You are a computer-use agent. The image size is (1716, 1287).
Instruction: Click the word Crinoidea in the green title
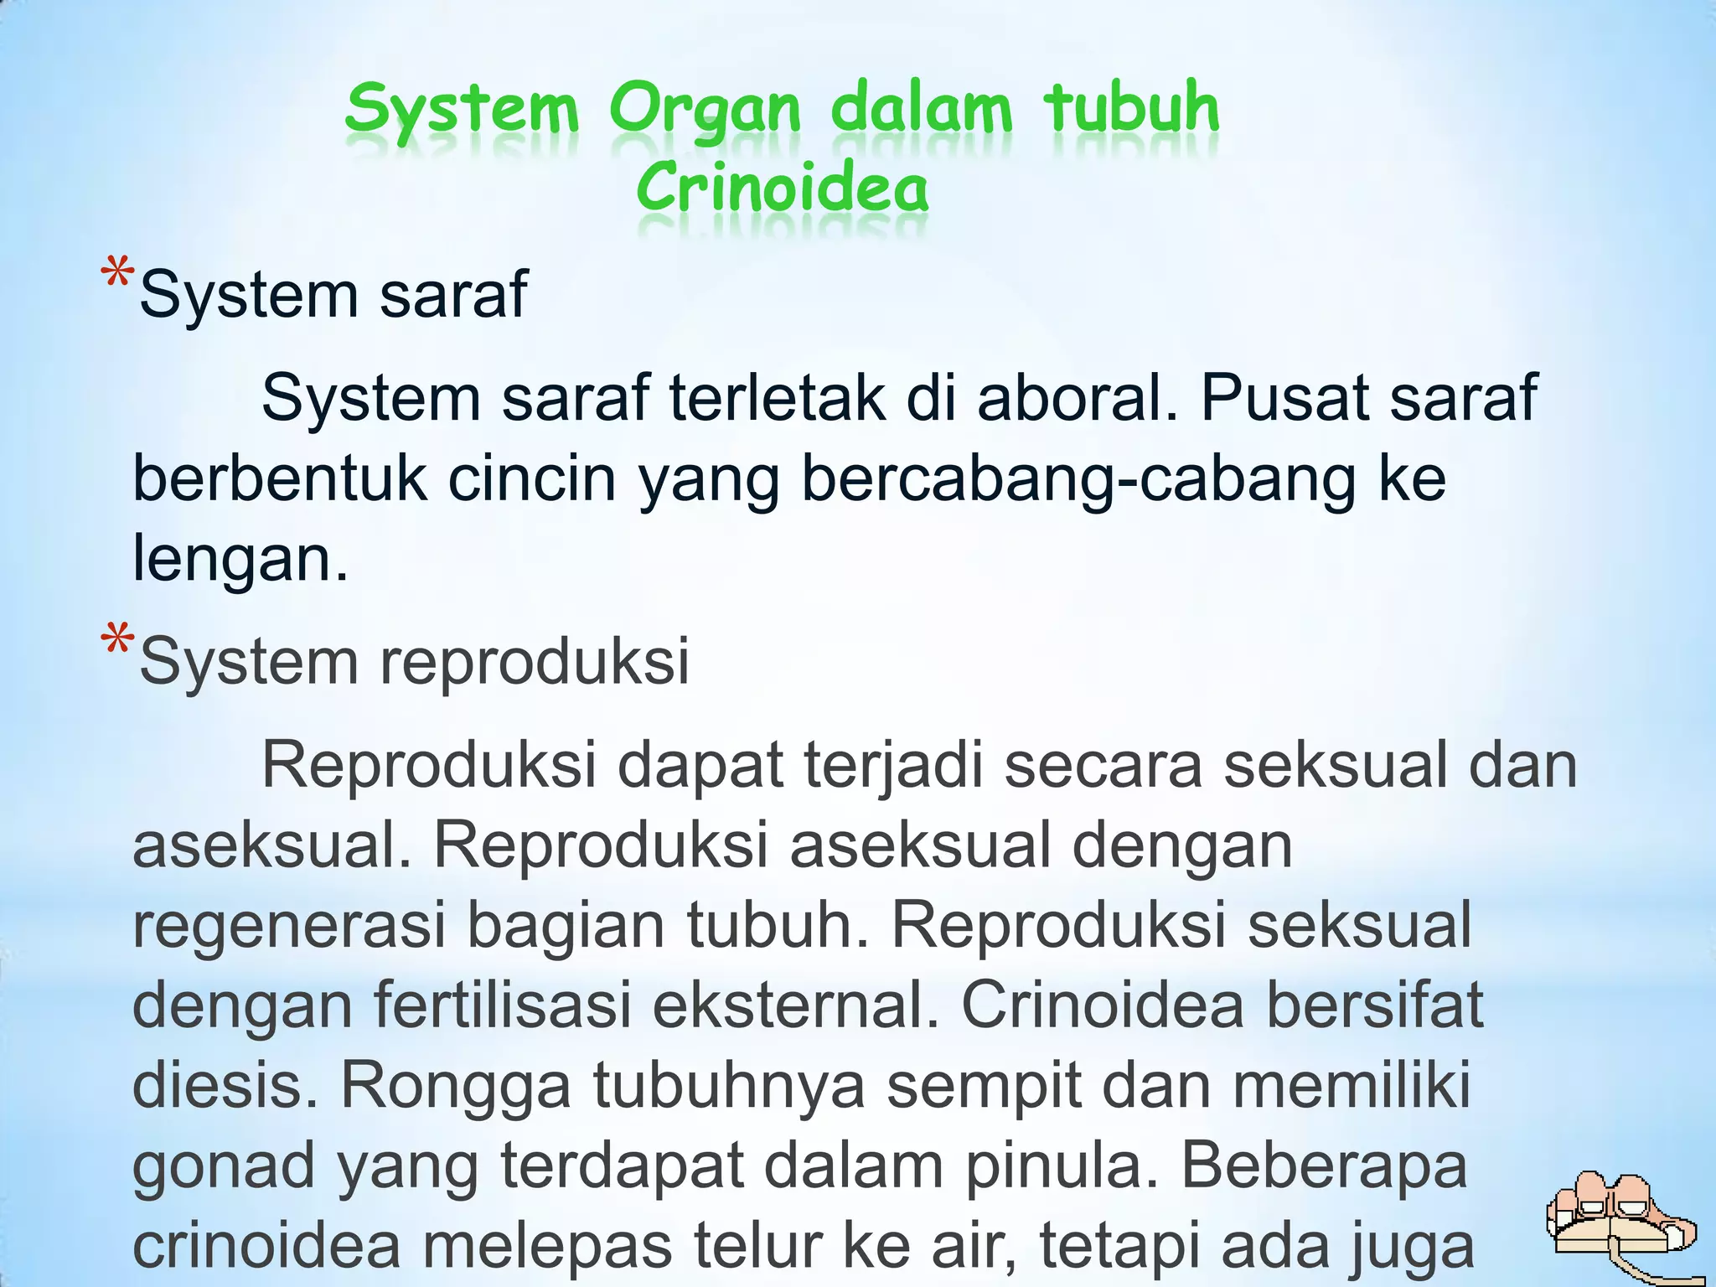tap(782, 189)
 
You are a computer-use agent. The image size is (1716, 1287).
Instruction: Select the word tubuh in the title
tap(1131, 109)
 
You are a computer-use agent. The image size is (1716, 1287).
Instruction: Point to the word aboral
tap(1078, 397)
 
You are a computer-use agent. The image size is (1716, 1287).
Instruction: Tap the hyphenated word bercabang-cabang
tap(1077, 479)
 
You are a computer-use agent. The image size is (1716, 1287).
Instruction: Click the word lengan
tap(239, 560)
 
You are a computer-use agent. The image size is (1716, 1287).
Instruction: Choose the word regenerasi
tap(288, 927)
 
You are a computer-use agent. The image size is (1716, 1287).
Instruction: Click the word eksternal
tap(795, 1005)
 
